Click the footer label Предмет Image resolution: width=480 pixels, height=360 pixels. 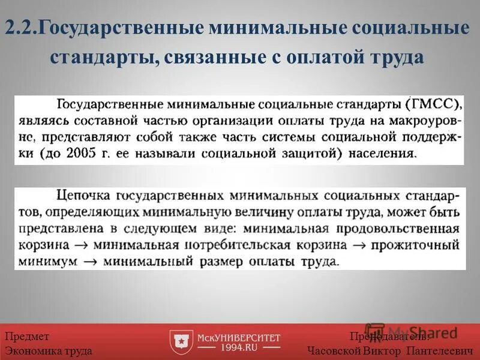(27, 337)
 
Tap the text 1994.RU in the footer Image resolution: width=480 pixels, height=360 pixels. (239, 347)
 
